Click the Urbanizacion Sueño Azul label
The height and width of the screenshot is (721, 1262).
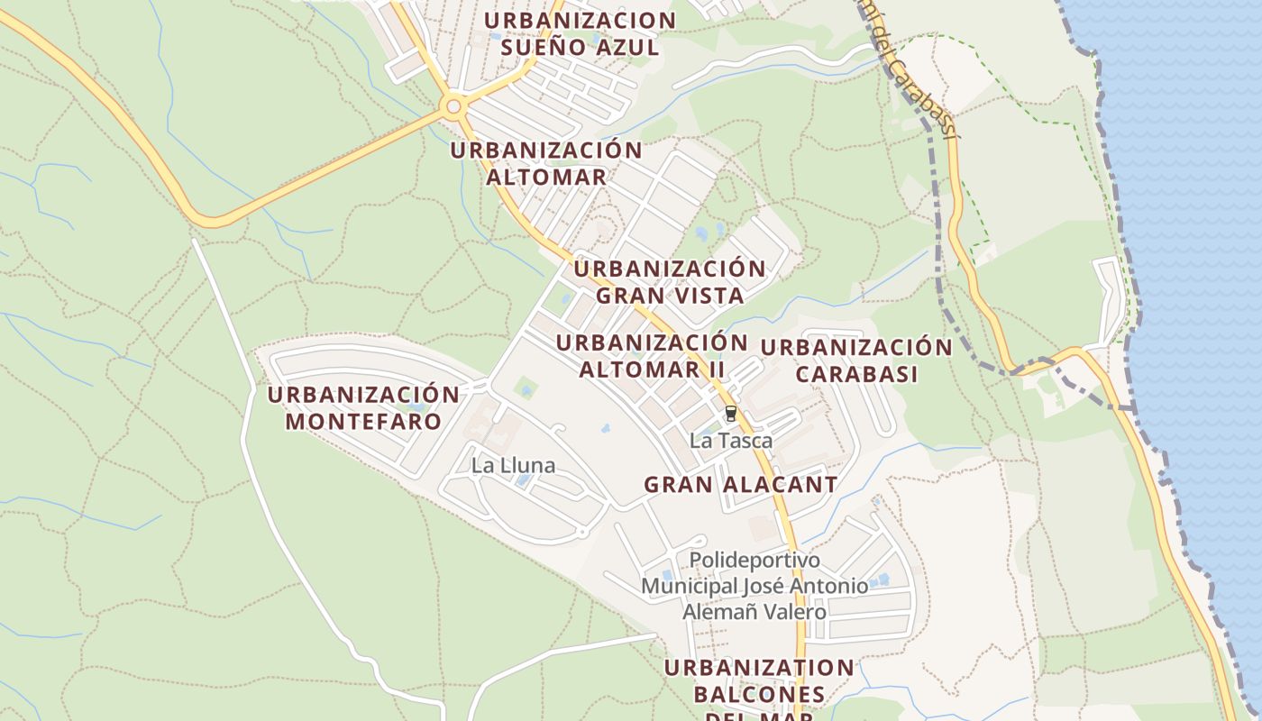[x=580, y=33]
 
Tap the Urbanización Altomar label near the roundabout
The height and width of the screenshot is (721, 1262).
[x=546, y=163]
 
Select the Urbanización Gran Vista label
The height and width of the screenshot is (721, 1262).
[x=670, y=281]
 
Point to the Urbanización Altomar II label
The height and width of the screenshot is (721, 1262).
[x=652, y=356]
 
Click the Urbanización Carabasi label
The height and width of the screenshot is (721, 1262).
[x=856, y=360]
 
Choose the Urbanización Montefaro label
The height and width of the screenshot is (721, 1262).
[x=363, y=407]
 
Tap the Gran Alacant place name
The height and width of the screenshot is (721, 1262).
[x=740, y=485]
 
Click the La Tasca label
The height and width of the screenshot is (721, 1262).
[x=731, y=442]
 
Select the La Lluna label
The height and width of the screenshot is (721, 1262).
[x=514, y=466]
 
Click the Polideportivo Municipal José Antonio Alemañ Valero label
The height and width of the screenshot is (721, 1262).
[x=754, y=586]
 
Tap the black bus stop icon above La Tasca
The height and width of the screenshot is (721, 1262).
[x=730, y=414]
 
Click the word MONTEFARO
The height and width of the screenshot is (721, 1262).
[x=363, y=421]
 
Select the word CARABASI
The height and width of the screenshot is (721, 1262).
[x=856, y=374]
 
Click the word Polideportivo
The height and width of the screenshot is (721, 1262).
[x=754, y=560]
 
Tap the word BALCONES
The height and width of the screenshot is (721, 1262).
[x=759, y=695]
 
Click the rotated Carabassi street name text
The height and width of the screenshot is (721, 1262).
[x=915, y=86]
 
